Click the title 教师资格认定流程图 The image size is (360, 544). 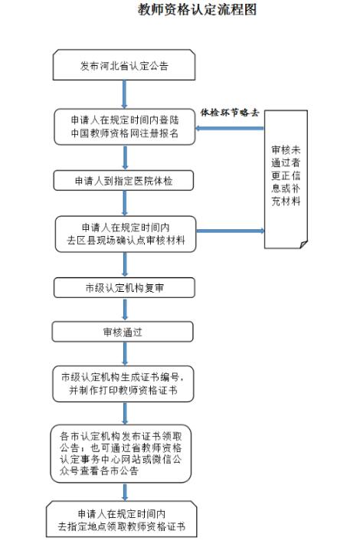(x=197, y=10)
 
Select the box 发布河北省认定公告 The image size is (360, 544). (x=124, y=65)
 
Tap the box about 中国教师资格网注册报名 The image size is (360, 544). (x=125, y=126)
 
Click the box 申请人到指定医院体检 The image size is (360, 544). (x=123, y=180)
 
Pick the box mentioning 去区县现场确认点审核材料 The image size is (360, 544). (x=126, y=234)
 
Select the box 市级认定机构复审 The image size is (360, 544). (x=124, y=287)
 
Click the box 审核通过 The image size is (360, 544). (x=123, y=332)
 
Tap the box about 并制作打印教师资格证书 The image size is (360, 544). (x=123, y=384)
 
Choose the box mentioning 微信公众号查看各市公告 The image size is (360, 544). (x=121, y=454)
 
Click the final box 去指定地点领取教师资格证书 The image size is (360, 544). (x=121, y=519)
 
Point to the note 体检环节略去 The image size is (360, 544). (x=230, y=113)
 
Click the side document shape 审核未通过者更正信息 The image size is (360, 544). (x=286, y=179)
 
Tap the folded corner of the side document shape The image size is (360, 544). (x=304, y=244)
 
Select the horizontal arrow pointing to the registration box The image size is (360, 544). (x=230, y=129)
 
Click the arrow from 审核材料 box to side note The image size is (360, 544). (x=231, y=231)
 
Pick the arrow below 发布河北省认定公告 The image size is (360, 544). (x=124, y=94)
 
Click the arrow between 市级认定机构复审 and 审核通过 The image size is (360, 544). (x=125, y=310)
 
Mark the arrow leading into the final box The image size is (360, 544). (x=125, y=492)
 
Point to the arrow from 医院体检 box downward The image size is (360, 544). (x=125, y=203)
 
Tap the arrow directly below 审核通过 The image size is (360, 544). (x=125, y=354)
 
